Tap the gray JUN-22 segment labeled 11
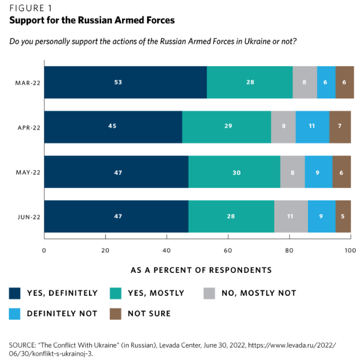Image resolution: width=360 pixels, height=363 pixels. [291, 216]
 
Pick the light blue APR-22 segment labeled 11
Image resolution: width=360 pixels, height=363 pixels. [312, 126]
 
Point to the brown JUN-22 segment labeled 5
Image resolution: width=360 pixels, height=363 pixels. [343, 216]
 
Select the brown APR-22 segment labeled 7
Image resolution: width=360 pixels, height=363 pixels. [340, 126]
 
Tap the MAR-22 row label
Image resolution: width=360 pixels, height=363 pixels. [28, 83]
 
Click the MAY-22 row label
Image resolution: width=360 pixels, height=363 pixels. [28, 172]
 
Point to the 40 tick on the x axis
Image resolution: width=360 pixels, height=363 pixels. [167, 250]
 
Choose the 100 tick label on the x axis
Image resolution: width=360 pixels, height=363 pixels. [350, 250]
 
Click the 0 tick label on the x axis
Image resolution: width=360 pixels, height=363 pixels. [44, 250]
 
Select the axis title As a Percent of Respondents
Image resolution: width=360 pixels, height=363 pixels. [201, 270]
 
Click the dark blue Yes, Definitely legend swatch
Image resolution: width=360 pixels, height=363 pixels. [15, 293]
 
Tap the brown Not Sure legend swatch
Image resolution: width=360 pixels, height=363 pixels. [116, 313]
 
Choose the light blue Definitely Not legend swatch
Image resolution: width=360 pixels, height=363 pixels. [15, 313]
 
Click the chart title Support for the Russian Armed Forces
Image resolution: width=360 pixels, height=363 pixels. [92, 20]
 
